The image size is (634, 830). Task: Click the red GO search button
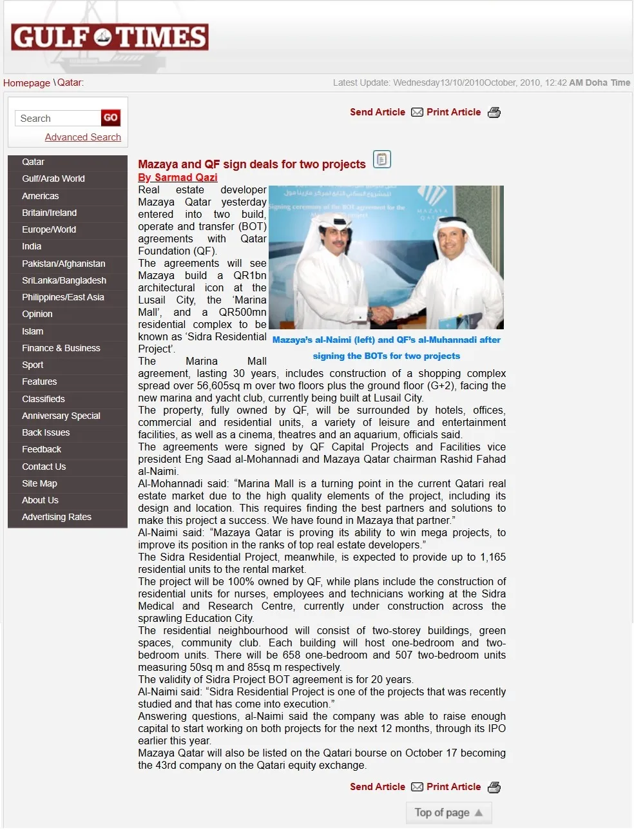110,118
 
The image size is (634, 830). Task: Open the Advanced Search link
82,137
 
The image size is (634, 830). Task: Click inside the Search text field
58,119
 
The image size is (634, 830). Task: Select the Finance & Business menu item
61,348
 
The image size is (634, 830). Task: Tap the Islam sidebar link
32,331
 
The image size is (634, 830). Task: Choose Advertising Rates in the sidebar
56,517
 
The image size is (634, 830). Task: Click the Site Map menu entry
39,483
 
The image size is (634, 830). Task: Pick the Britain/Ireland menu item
49,213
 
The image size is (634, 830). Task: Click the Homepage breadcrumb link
26,82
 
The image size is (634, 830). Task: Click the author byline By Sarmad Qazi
177,177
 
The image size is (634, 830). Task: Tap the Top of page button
448,813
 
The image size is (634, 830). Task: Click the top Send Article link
377,112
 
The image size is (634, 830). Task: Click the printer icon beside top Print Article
494,113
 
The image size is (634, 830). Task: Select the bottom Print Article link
453,787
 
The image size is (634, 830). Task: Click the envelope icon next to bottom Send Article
417,787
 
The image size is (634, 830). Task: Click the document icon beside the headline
382,159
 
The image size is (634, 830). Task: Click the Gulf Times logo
110,37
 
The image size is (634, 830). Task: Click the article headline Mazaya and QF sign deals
251,164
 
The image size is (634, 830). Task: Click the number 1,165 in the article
492,557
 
